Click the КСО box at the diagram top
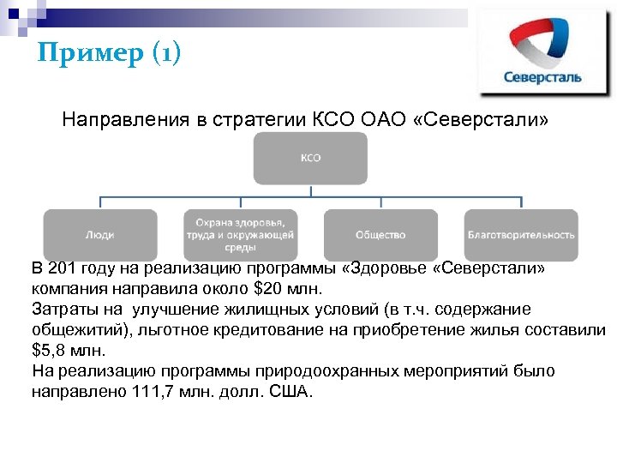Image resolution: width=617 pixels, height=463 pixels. [x=309, y=159]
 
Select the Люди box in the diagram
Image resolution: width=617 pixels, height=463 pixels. [x=100, y=234]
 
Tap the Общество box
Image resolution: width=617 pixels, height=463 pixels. [x=380, y=234]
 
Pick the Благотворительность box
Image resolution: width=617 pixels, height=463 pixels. [x=521, y=234]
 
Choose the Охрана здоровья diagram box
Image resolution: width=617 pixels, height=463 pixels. [x=240, y=234]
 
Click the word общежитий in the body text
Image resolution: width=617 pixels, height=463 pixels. [x=78, y=329]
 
